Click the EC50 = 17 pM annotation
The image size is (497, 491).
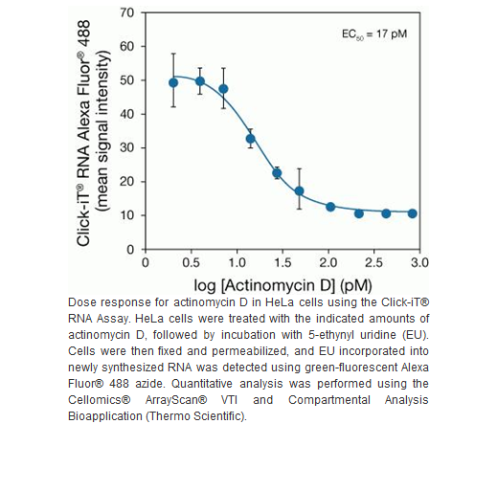[374, 34]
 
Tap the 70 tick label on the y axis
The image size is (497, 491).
[126, 13]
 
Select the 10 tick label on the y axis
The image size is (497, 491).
[126, 215]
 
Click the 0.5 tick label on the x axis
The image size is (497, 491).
[191, 262]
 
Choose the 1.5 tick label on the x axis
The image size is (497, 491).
[282, 262]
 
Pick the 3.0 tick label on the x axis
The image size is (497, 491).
[419, 262]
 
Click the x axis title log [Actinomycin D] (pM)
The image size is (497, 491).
[282, 285]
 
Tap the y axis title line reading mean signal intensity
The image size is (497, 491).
[103, 131]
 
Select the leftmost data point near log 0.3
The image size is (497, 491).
[173, 83]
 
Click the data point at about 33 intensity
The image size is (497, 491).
[251, 139]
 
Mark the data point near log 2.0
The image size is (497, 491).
[330, 207]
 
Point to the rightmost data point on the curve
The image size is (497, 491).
[413, 213]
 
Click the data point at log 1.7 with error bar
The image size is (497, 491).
[299, 190]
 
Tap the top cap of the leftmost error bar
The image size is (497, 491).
[173, 54]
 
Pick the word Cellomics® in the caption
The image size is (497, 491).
[100, 400]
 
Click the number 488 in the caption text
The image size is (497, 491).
[119, 384]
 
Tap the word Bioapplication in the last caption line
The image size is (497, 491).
[105, 416]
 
